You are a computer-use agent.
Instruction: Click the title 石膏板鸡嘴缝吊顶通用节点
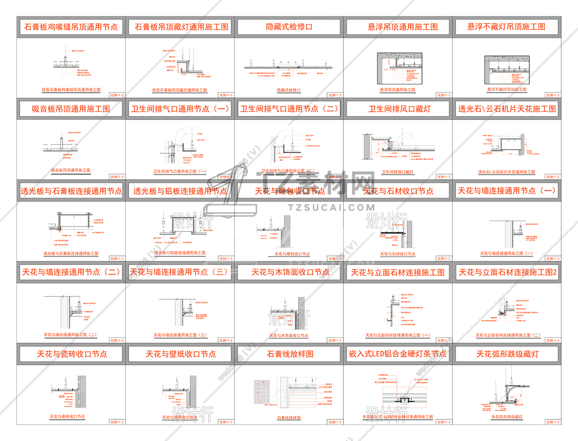tap(71, 27)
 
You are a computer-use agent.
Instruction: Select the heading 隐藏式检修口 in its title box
tap(289, 27)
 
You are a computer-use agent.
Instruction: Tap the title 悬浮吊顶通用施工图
tap(398, 27)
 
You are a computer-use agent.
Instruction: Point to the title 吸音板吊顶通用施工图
tap(71, 109)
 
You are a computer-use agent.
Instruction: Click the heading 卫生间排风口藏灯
tap(398, 109)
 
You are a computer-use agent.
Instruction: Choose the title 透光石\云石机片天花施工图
tap(507, 109)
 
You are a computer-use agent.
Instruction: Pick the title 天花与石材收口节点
tap(398, 191)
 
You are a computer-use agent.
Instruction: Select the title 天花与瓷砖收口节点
tap(72, 354)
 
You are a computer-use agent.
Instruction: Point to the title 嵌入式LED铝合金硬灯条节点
tap(398, 354)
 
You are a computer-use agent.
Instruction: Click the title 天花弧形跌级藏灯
tap(507, 354)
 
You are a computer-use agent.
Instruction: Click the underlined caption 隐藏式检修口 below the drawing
tap(289, 90)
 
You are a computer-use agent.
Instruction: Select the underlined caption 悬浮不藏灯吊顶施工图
tap(507, 90)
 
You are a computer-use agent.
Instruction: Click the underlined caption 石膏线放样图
tap(289, 418)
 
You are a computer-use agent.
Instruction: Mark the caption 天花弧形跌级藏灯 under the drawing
tap(507, 417)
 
